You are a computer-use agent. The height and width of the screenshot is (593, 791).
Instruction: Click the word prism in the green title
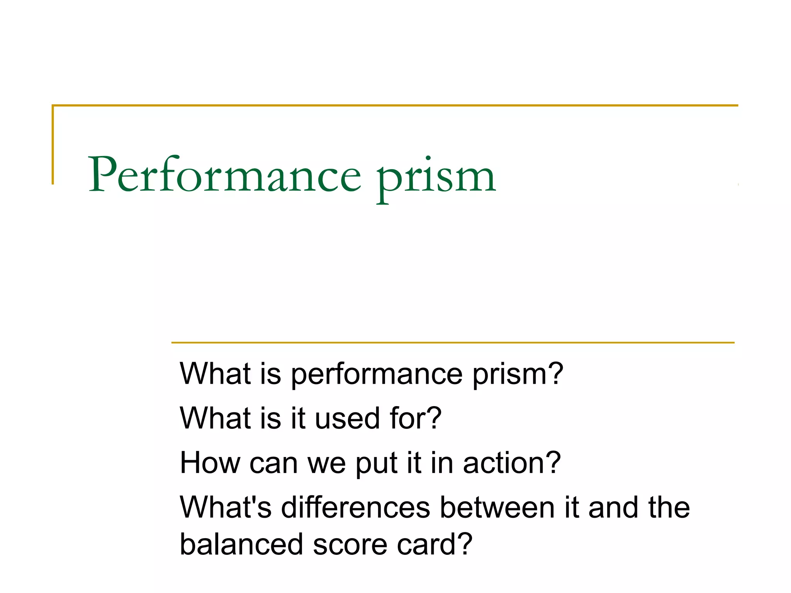[436, 178]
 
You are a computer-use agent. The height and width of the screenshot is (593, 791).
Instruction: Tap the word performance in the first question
[377, 374]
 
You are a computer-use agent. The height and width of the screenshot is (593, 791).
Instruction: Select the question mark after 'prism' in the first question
[555, 373]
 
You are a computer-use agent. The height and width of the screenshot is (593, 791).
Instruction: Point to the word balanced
[241, 544]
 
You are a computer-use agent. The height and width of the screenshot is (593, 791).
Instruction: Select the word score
[350, 544]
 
